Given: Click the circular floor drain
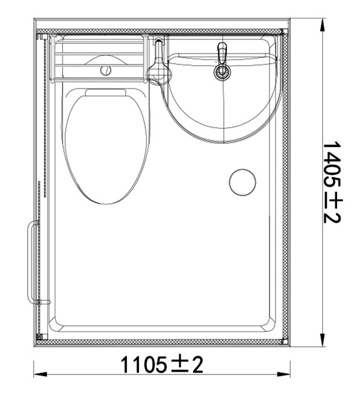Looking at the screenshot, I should coord(243,182).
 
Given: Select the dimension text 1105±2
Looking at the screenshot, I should coord(161,364).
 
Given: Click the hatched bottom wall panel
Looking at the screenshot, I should coord(163,341).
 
